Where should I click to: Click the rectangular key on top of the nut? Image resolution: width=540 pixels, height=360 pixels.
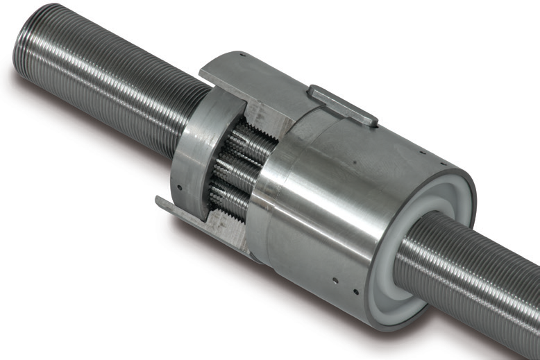343,105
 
